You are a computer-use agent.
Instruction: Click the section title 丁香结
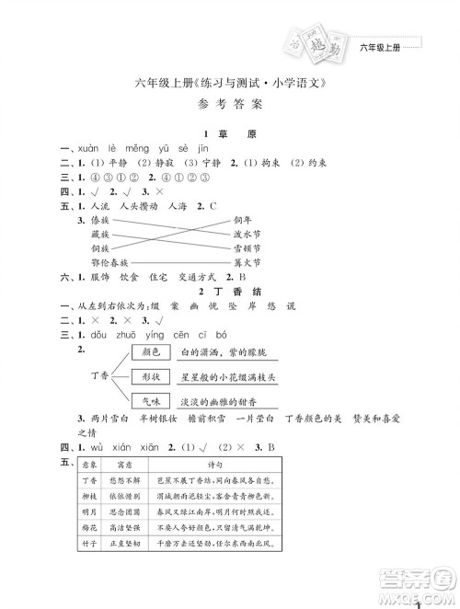[x=236, y=290]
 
